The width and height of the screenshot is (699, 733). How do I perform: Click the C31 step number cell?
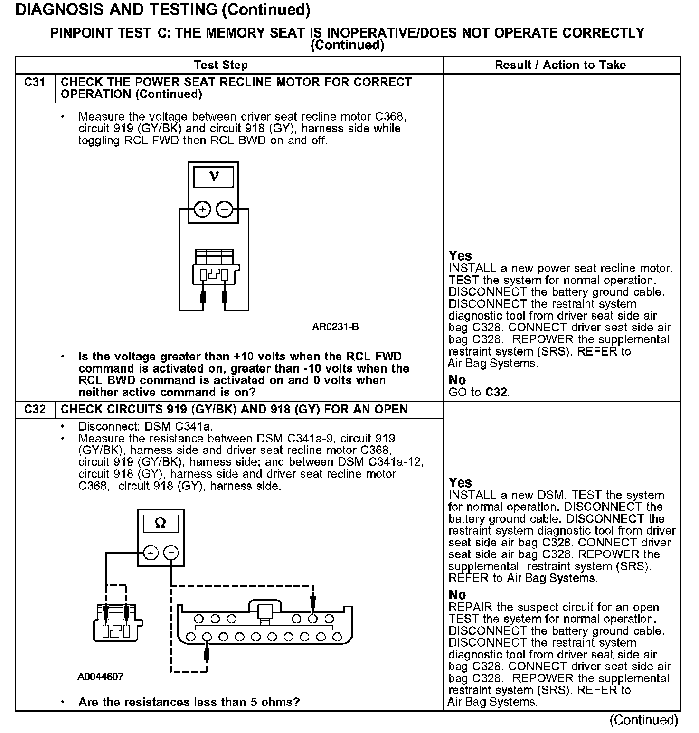point(35,83)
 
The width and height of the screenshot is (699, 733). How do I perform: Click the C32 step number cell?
point(35,409)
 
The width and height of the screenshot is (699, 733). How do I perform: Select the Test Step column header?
point(220,65)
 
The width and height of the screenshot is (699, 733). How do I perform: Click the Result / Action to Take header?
point(560,65)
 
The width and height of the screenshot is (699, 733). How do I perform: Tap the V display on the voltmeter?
point(214,177)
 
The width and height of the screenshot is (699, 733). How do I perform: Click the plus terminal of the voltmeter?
point(203,209)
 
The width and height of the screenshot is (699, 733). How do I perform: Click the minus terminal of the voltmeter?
point(225,209)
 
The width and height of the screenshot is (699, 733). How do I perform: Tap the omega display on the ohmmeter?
point(161,524)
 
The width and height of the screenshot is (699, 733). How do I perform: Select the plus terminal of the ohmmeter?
point(151,553)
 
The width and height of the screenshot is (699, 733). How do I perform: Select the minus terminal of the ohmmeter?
point(171,553)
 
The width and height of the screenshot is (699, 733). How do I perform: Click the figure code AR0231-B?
point(335,327)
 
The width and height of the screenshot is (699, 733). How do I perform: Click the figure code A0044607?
point(100,677)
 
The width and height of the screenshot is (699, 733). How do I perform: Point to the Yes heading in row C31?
point(460,256)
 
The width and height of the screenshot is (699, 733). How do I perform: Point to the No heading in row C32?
point(457,594)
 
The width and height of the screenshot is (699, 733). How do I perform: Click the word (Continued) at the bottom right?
point(643,720)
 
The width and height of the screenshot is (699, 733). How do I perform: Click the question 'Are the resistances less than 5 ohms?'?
point(189,702)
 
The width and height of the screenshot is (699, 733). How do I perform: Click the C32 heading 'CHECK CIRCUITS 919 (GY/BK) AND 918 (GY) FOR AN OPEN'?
point(234,409)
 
